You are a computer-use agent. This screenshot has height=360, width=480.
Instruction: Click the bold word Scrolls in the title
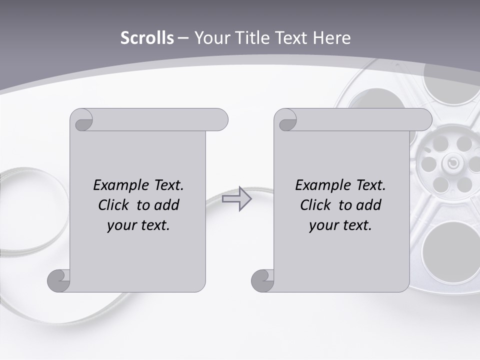click(147, 38)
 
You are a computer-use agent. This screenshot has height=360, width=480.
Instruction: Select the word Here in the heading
click(331, 38)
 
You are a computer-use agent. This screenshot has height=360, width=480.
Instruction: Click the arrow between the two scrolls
click(236, 198)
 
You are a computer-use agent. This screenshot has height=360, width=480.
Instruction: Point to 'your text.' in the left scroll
click(138, 225)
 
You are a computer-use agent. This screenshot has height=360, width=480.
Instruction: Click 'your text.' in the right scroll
click(340, 225)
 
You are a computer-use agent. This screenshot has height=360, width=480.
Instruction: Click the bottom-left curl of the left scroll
click(58, 280)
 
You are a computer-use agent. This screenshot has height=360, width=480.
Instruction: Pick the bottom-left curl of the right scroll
click(262, 280)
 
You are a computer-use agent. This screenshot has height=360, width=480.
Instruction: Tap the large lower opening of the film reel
click(446, 246)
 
